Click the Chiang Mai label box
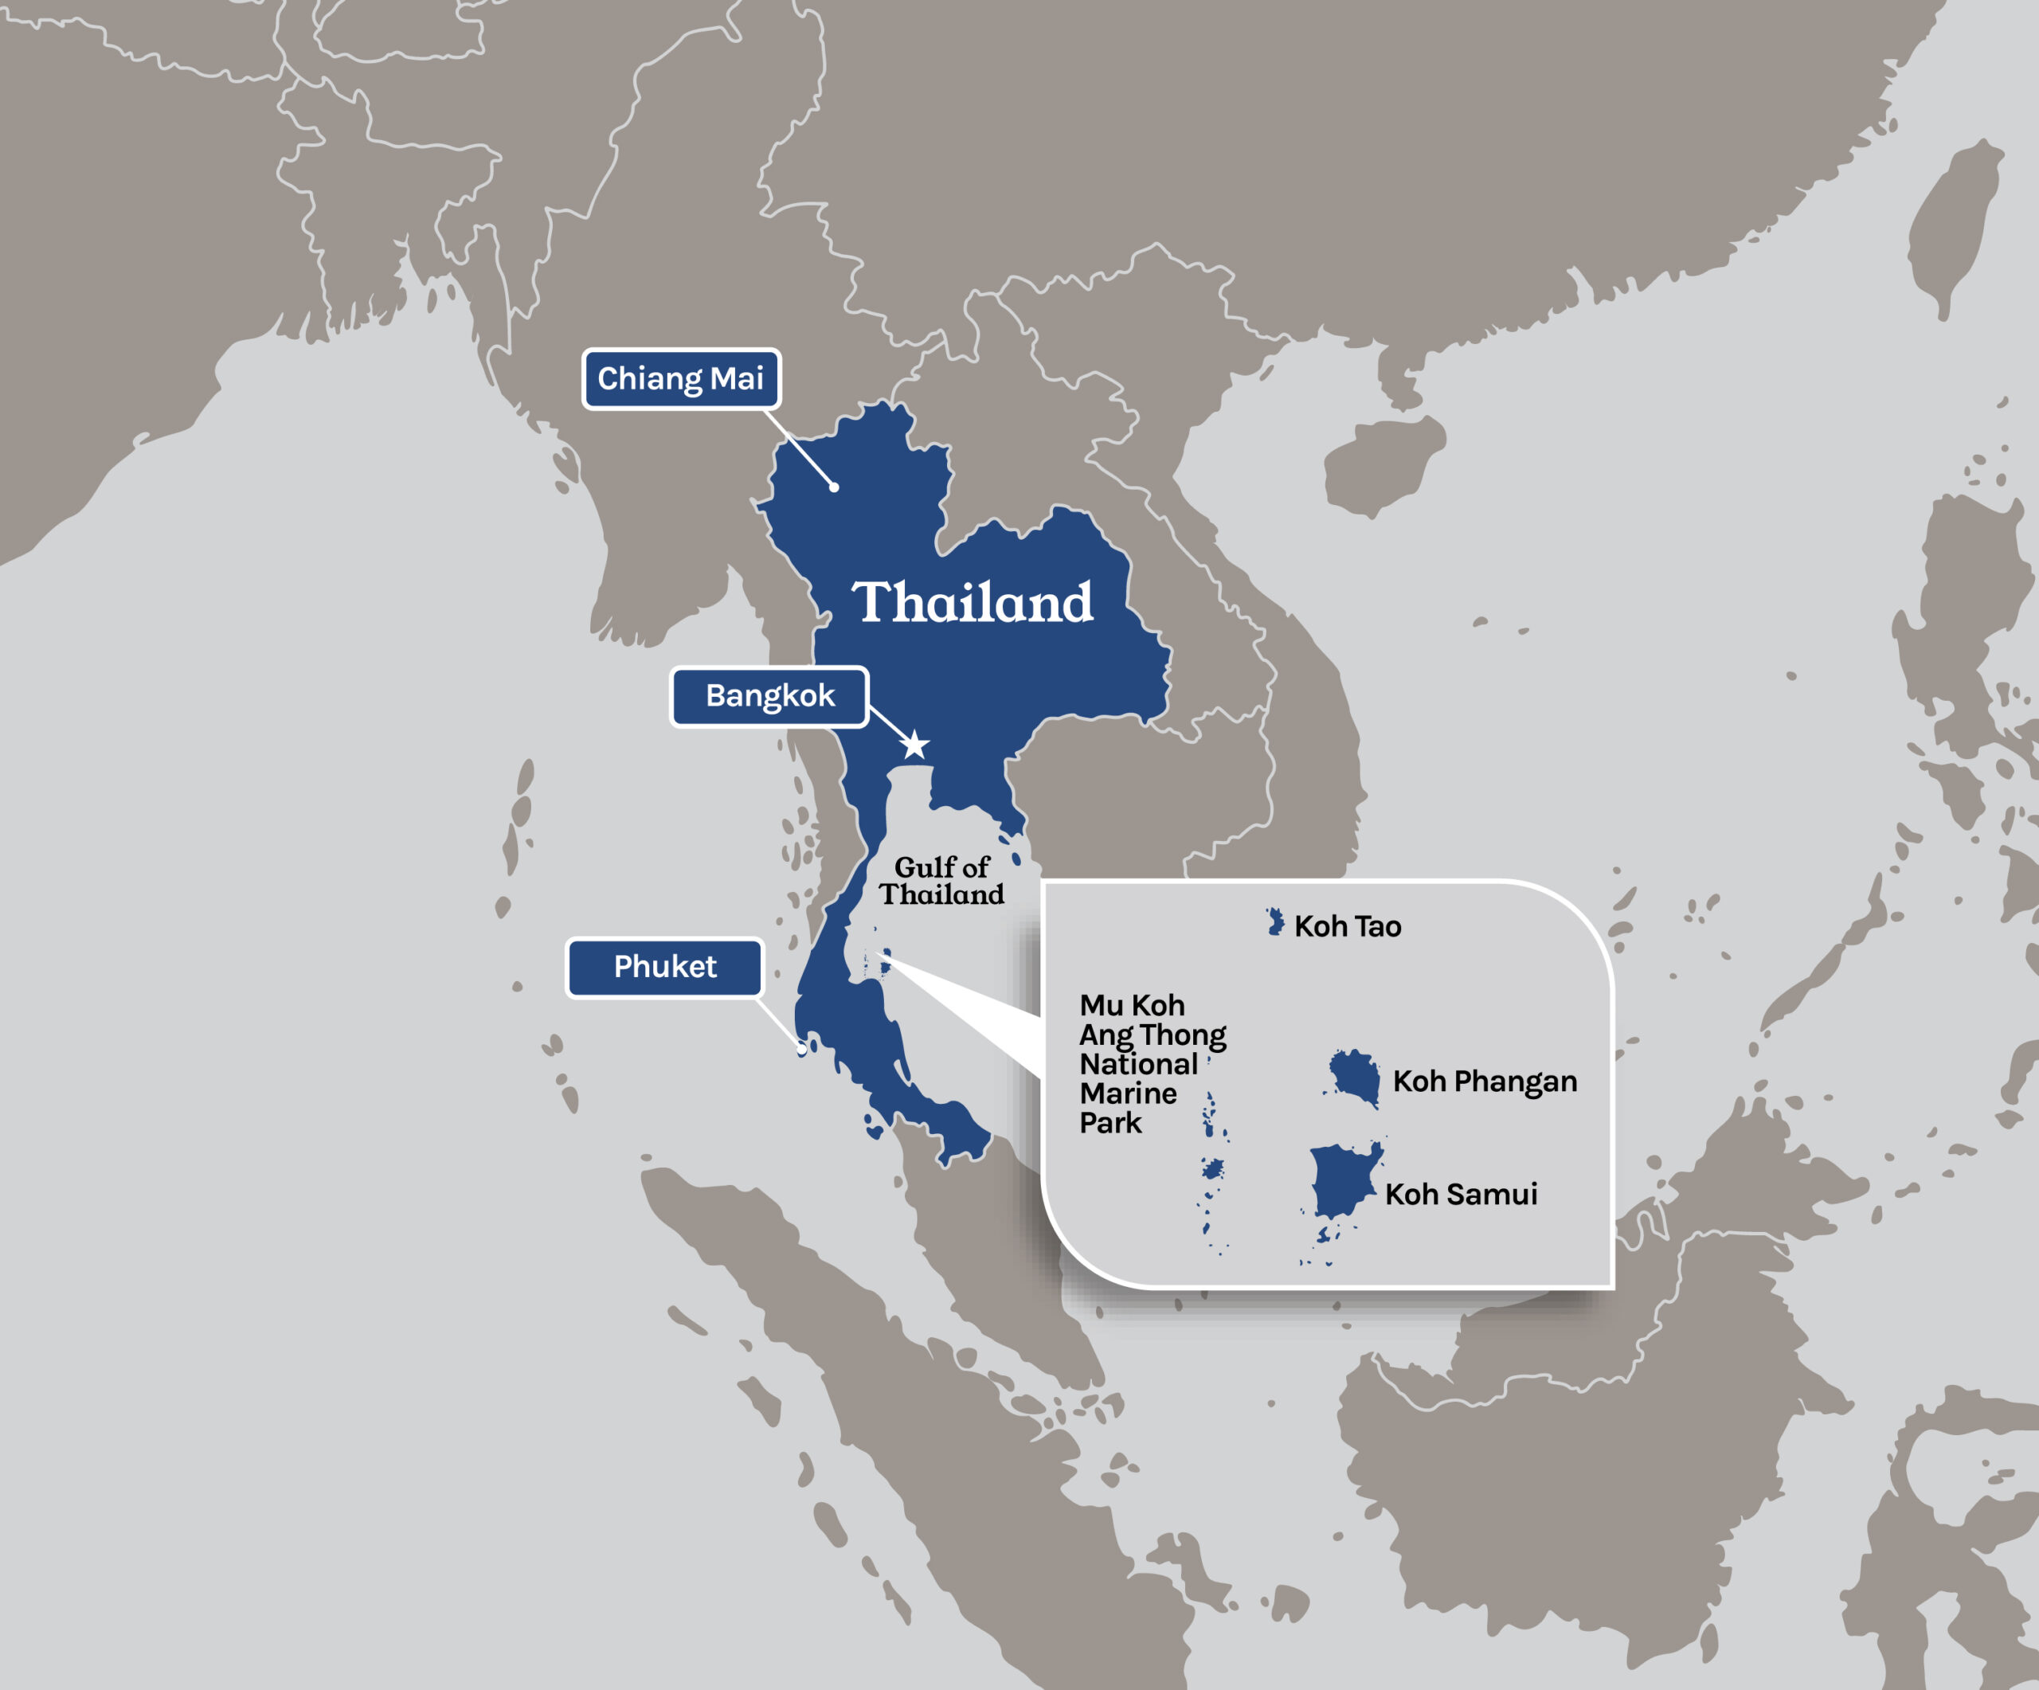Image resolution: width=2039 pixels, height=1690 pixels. pyautogui.click(x=681, y=378)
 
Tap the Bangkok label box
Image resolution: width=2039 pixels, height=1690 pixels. pyautogui.click(x=769, y=696)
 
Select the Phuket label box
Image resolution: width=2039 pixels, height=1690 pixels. pyautogui.click(x=665, y=967)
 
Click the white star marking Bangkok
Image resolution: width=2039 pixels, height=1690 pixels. pyautogui.click(x=914, y=745)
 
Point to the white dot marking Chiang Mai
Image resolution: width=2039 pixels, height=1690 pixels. pyautogui.click(x=834, y=487)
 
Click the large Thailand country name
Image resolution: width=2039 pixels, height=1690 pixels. pyautogui.click(x=972, y=603)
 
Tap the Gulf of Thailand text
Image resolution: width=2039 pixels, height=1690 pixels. pyautogui.click(x=941, y=880)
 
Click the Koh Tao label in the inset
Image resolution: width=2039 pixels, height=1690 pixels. pyautogui.click(x=1348, y=926)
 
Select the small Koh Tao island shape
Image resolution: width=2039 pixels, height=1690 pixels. pyautogui.click(x=1275, y=921)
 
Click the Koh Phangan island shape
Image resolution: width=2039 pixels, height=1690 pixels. pyautogui.click(x=1356, y=1078)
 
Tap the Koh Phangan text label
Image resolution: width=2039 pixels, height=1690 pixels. pyautogui.click(x=1484, y=1082)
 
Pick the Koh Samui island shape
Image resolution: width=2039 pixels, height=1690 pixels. pyautogui.click(x=1343, y=1180)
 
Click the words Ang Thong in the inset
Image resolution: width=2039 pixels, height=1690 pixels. pyautogui.click(x=1153, y=1035)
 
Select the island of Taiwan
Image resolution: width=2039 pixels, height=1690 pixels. pyautogui.click(x=1951, y=233)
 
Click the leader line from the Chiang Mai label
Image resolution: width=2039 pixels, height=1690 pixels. pyautogui.click(x=801, y=449)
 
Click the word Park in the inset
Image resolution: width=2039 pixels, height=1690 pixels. pyautogui.click(x=1111, y=1123)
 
